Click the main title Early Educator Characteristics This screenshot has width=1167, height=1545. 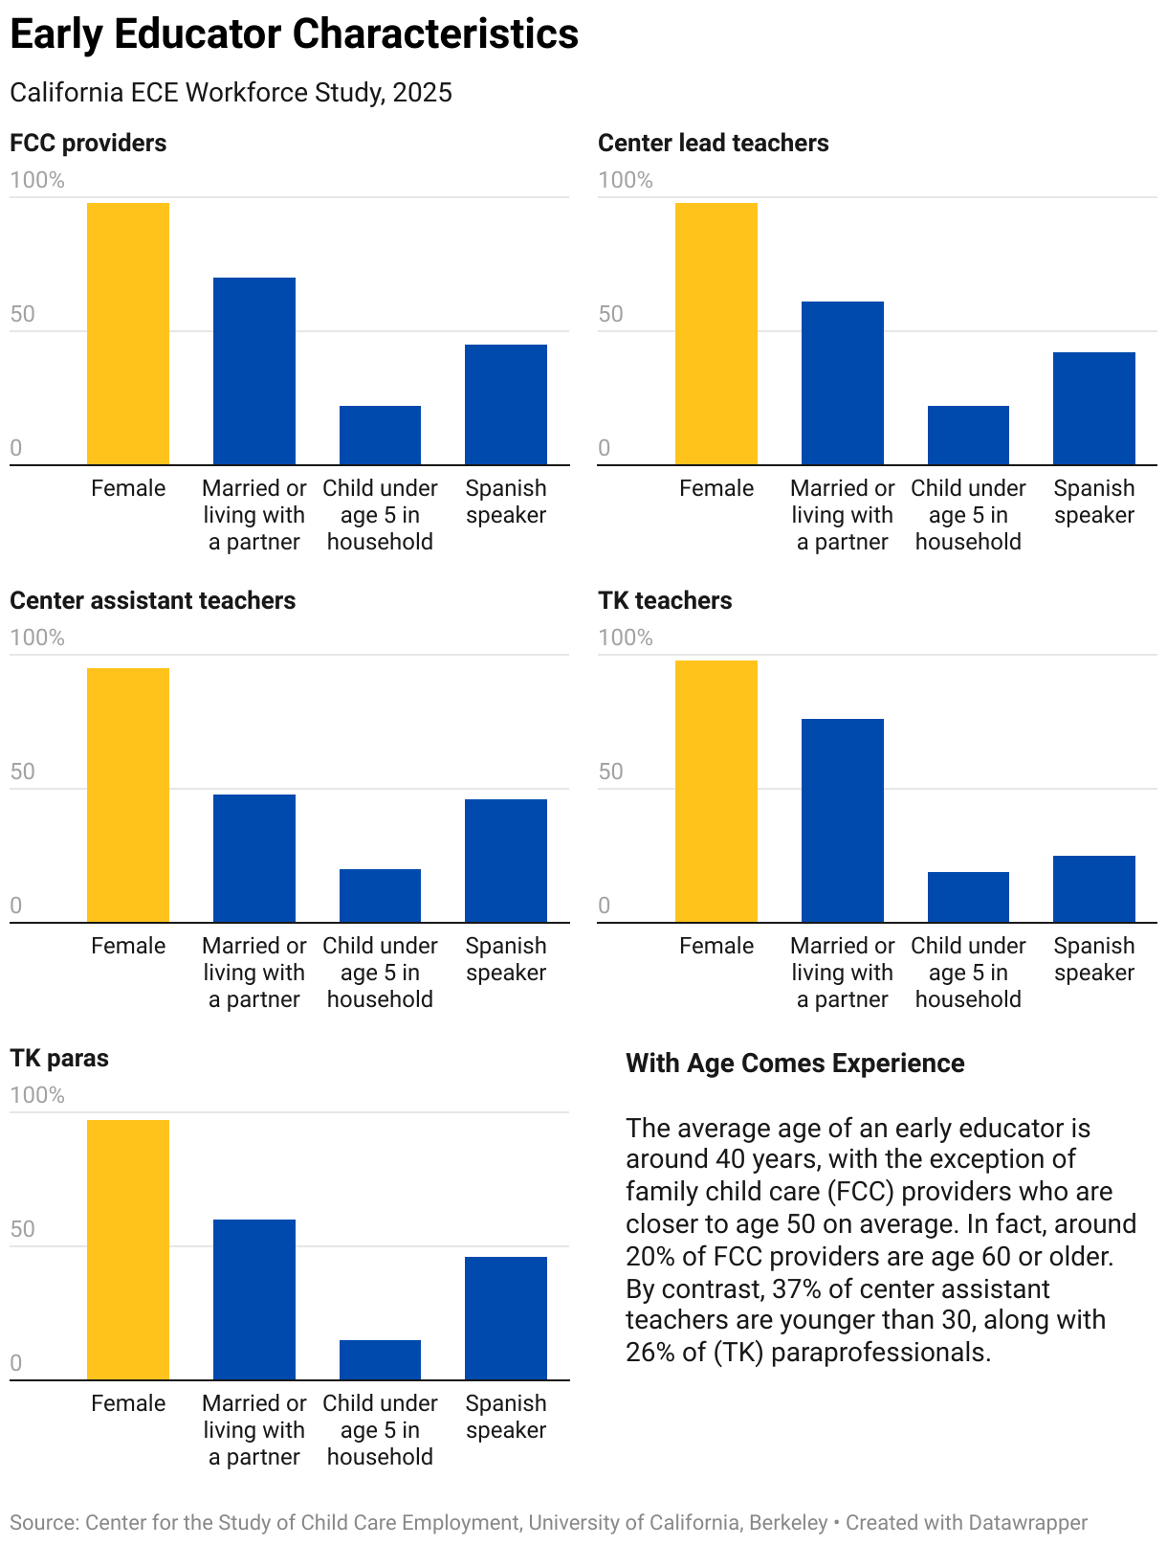pyautogui.click(x=294, y=34)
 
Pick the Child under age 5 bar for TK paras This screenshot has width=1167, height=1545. pyautogui.click(x=380, y=1359)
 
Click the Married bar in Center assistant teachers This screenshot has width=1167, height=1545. pyautogui.click(x=253, y=858)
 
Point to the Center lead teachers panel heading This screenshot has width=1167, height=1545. pyautogui.click(x=713, y=144)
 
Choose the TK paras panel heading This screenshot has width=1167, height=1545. pyautogui.click(x=59, y=1059)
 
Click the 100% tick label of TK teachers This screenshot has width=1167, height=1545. pyautogui.click(x=626, y=638)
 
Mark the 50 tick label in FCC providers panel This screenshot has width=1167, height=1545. pyautogui.click(x=22, y=314)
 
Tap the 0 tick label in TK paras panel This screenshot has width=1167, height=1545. pyautogui.click(x=16, y=1363)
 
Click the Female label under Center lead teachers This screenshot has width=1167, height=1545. pyautogui.click(x=716, y=488)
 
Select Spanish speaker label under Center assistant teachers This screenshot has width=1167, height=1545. pyautogui.click(x=506, y=959)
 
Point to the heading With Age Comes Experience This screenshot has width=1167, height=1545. pyautogui.click(x=795, y=1064)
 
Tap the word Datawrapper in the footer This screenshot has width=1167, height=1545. pyautogui.click(x=1027, y=1522)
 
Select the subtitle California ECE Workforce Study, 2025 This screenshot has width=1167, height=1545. pyautogui.click(x=231, y=93)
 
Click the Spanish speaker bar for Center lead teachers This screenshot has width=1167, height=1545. pyautogui.click(x=1093, y=408)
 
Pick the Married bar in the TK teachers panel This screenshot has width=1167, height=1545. pyautogui.click(x=842, y=820)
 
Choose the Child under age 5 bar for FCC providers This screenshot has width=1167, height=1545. pyautogui.click(x=380, y=435)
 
